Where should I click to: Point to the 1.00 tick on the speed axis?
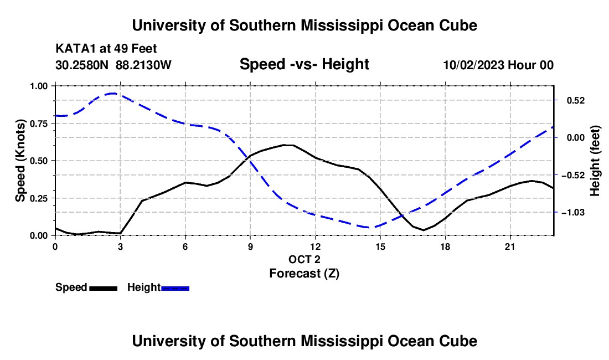point(39,86)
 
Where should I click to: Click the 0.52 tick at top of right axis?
point(576,101)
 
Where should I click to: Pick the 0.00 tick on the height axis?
point(576,138)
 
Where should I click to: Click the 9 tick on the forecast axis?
point(250,246)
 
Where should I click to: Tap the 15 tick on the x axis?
point(380,246)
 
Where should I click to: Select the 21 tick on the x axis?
point(510,246)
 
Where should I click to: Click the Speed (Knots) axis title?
point(20,161)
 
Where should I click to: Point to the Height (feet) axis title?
point(595,161)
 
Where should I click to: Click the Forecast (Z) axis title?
point(304,274)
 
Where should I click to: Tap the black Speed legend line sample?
point(104,289)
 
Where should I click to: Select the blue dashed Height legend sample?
point(175,289)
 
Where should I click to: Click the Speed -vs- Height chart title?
point(304,64)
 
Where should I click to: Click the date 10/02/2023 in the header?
point(474,65)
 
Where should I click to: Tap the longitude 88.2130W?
point(143,65)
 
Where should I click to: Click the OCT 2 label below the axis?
point(304,259)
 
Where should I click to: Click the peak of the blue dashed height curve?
point(113,93)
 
